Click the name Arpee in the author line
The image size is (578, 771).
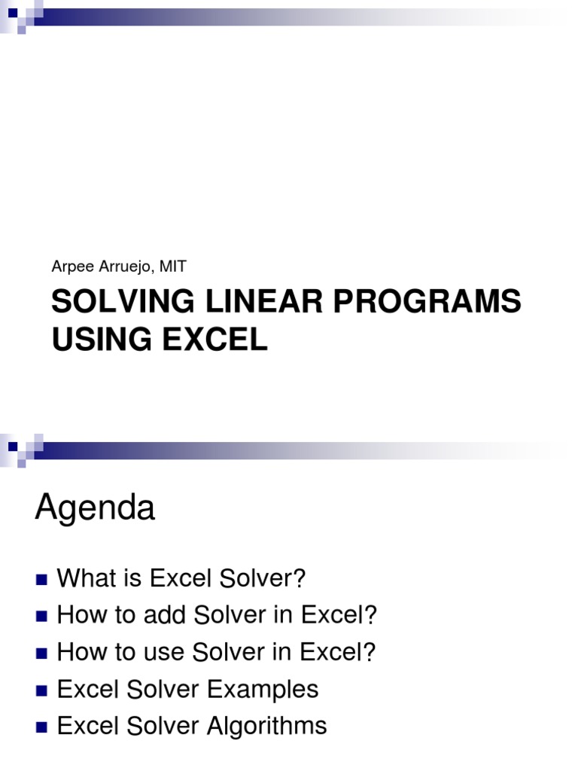(68, 267)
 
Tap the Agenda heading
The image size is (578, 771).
(95, 509)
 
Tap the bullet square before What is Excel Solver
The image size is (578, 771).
(41, 580)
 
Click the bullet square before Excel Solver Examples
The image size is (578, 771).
(41, 690)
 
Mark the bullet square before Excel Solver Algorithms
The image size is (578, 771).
(41, 727)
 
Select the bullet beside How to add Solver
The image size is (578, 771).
(41, 617)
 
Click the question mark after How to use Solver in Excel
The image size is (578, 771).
(369, 653)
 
